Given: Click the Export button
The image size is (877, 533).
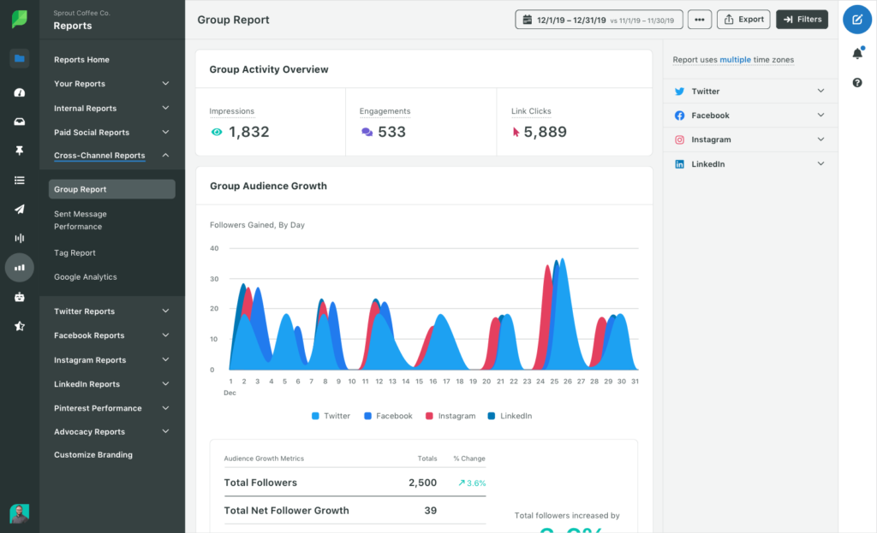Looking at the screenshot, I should (743, 19).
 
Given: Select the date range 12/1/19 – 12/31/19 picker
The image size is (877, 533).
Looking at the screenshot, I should (599, 20).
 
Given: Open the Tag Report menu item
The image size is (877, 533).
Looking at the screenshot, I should (75, 253).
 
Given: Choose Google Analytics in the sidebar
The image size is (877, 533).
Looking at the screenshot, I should (86, 277).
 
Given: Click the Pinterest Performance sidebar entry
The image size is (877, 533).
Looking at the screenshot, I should (98, 408).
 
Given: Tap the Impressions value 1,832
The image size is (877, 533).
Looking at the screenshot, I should (248, 132).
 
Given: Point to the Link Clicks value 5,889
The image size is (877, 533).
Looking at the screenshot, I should (545, 132).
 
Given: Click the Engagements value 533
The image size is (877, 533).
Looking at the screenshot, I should (391, 132).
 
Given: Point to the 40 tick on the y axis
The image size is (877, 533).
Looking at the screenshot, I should (214, 248).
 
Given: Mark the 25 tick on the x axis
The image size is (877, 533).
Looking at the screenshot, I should (554, 382).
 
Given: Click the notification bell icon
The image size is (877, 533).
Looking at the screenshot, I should (857, 54).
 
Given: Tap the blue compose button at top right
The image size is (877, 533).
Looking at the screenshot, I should (857, 19).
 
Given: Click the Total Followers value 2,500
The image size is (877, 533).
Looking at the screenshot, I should (423, 483).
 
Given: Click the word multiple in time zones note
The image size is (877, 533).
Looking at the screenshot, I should (735, 60).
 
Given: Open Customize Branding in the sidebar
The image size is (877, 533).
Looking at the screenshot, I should (93, 455).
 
